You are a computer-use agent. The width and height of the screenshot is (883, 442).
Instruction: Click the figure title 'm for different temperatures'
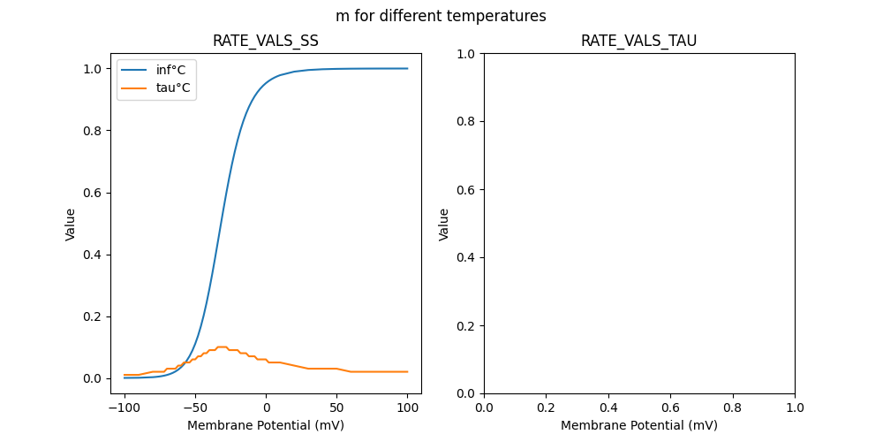coord(441,16)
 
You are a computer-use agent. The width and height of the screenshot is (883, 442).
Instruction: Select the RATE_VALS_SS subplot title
coord(266,41)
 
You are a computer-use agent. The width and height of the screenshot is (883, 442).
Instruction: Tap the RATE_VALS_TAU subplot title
coord(638,41)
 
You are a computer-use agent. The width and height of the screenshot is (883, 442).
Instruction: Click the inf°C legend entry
coord(170,70)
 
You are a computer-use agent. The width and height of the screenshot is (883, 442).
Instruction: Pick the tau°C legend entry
coord(172,88)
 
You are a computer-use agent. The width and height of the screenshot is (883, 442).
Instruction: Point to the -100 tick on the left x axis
coord(125,408)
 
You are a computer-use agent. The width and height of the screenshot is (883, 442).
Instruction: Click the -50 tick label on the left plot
coord(195,408)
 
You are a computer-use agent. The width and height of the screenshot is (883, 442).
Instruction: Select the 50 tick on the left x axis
coord(337,408)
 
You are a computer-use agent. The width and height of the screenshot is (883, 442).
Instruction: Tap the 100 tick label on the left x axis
coord(408,408)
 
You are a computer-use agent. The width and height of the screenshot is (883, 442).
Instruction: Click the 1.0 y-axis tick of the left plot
coord(92,69)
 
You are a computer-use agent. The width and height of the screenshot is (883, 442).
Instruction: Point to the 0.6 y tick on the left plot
coord(92,193)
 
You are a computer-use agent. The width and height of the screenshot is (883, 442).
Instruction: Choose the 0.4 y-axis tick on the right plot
coord(466,257)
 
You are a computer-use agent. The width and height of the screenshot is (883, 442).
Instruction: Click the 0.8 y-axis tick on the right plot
coord(466,121)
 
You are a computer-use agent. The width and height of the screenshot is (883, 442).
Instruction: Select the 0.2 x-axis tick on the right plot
coord(546,408)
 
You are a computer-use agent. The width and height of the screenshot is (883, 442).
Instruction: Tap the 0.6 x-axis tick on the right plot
coord(670,408)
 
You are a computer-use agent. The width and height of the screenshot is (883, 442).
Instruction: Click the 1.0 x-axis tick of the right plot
coord(795,408)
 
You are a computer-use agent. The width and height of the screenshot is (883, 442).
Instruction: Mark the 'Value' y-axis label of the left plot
coord(71,224)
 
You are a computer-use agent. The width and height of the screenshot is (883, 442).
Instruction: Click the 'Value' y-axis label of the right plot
coord(444,224)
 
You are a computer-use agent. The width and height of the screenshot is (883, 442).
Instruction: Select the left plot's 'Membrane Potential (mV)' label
coord(266,425)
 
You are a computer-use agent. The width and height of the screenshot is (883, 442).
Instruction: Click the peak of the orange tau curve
coord(222,347)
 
